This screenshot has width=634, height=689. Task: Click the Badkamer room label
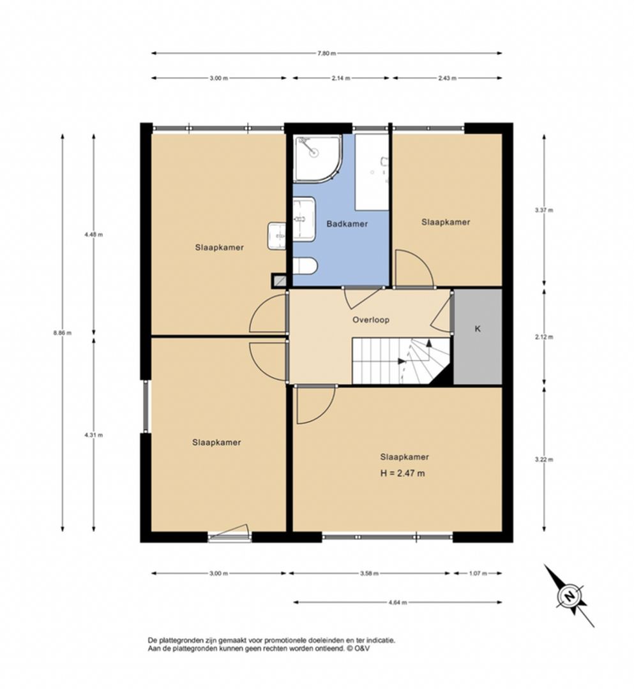[347, 224]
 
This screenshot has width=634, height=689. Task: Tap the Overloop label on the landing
[371, 320]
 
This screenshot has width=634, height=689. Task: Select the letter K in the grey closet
[478, 329]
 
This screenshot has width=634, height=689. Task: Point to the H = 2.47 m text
[402, 473]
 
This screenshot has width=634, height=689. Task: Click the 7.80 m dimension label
[327, 54]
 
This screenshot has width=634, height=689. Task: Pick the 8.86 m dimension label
[63, 333]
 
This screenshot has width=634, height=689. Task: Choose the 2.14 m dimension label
[341, 78]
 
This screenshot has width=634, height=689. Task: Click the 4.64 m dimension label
[398, 602]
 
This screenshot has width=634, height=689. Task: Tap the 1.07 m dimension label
[478, 574]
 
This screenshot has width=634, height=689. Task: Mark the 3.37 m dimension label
[544, 210]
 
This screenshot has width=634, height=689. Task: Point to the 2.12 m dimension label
[544, 337]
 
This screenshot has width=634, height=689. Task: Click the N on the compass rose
[570, 596]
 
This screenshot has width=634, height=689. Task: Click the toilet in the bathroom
[305, 266]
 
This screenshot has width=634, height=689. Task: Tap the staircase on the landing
[400, 360]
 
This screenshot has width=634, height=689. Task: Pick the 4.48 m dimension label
[94, 235]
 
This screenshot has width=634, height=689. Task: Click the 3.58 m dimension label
[369, 574]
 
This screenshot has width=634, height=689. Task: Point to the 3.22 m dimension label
[544, 459]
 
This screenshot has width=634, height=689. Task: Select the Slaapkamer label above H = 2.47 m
[405, 457]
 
